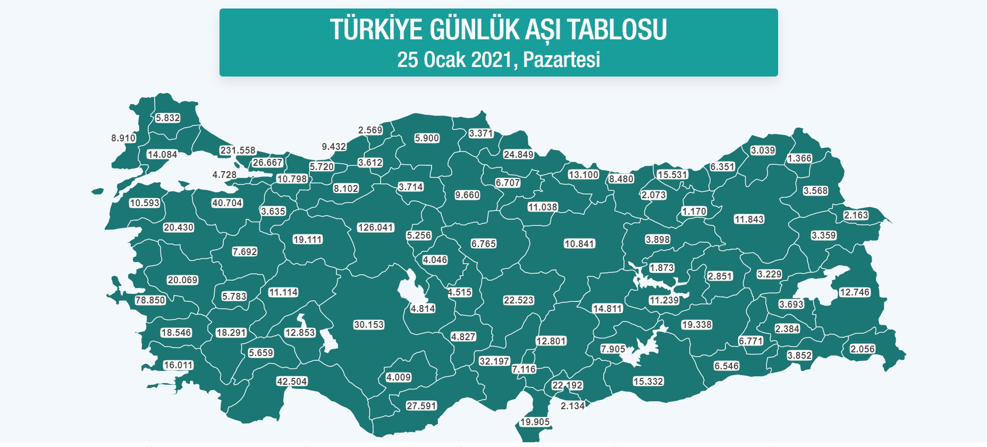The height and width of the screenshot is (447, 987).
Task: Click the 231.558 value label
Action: tap(238, 150)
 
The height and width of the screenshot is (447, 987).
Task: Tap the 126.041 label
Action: tap(375, 227)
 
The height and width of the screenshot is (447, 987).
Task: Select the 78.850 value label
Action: tap(150, 300)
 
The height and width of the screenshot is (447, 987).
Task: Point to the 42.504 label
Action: tap(292, 382)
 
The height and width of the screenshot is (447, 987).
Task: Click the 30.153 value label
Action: tap(369, 325)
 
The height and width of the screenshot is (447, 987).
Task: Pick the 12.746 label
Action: tap(854, 292)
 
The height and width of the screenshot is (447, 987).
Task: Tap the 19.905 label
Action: tap(535, 422)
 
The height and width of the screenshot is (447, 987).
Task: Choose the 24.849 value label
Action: tap(518, 155)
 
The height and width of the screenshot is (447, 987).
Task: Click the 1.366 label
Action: tap(799, 158)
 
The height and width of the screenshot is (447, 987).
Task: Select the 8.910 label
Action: tap(123, 138)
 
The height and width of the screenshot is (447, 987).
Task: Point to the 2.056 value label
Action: tap(862, 349)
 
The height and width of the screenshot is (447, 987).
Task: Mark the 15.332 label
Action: tap(648, 382)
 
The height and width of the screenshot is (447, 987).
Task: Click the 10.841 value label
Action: tap(579, 244)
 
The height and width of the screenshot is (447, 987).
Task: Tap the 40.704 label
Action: tap(227, 203)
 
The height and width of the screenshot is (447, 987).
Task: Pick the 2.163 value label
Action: tap(856, 215)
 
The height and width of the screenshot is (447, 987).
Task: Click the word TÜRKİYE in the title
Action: tap(376, 30)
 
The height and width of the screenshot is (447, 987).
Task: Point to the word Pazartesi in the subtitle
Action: tap(561, 60)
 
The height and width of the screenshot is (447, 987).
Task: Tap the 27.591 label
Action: tap(421, 406)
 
